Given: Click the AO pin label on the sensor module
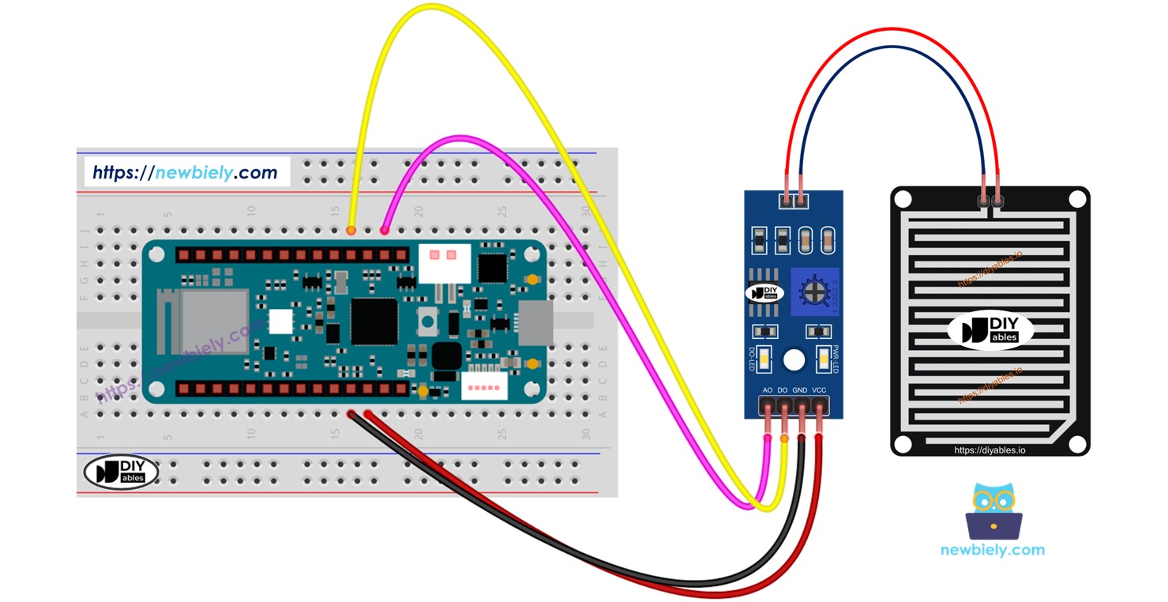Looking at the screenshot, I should (x=767, y=390).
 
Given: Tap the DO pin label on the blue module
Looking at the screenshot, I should (x=783, y=390).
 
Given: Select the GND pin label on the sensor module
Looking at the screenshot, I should (x=800, y=390).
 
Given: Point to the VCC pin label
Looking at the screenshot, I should (x=820, y=390).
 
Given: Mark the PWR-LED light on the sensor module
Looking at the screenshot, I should (x=824, y=359).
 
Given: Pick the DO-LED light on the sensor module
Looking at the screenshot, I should (x=764, y=359).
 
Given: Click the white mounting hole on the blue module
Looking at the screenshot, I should (x=794, y=360).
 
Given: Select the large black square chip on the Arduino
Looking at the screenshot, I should (x=374, y=321).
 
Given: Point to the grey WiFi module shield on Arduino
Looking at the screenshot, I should (x=204, y=322).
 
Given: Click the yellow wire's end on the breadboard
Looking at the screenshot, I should (x=351, y=231).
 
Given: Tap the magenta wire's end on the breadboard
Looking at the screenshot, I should (x=385, y=231).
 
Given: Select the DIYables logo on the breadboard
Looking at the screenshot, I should (x=121, y=472).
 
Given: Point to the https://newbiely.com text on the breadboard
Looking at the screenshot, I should (x=186, y=172).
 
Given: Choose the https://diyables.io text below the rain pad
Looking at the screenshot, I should (x=990, y=450).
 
